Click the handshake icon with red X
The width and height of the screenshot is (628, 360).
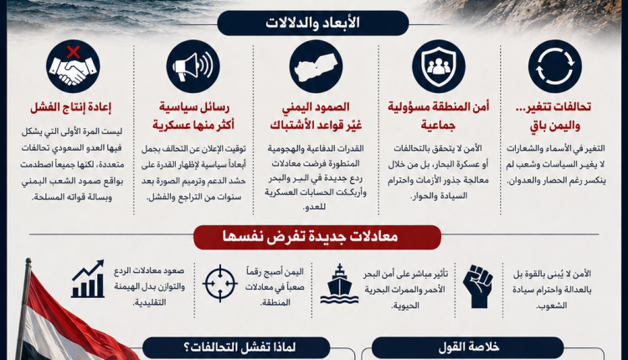73,66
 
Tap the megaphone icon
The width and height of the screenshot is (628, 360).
193,66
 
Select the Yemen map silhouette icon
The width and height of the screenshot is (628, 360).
316,66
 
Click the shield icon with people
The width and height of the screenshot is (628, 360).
439,66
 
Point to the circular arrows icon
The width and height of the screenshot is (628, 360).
554,66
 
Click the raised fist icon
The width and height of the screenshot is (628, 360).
478,286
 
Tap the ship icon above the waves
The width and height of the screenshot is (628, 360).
339,284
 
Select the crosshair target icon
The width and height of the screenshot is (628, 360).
220,284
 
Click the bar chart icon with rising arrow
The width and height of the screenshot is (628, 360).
88,279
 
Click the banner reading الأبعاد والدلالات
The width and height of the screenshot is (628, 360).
313,23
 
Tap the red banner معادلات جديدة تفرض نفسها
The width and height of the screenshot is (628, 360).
317,237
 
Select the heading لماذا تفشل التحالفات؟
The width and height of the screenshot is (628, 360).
236,347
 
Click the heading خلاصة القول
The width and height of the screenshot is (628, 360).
468,347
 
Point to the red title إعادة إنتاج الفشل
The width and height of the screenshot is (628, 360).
71,107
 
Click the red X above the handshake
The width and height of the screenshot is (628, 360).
73,52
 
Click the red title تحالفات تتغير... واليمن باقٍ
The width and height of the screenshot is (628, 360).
555,116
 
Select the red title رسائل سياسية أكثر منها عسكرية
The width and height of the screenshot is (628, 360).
193,116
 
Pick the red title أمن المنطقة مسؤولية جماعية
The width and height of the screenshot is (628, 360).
438,116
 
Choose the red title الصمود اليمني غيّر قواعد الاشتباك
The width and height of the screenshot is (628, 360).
316,116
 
